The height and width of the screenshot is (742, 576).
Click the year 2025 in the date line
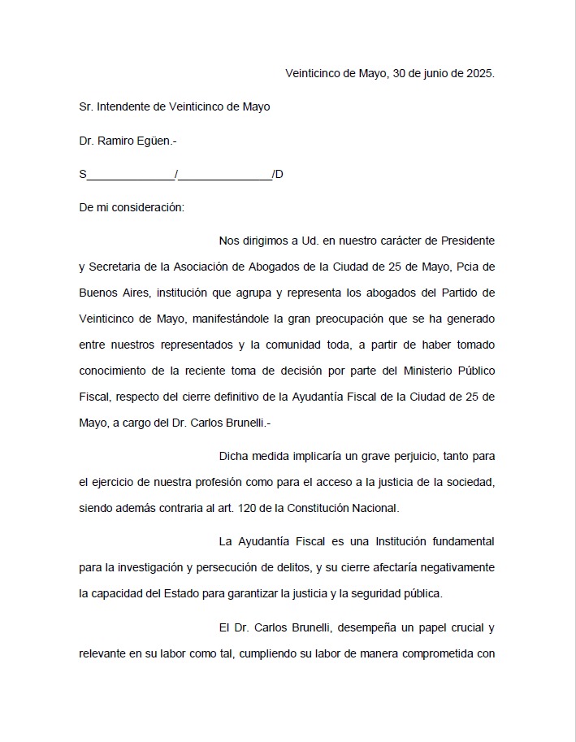480,73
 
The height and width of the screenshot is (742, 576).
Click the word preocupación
372,319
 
